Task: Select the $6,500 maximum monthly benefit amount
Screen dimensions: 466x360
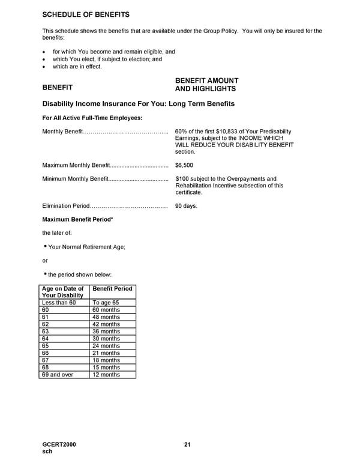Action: click(x=184, y=165)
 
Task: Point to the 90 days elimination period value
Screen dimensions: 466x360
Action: click(x=186, y=206)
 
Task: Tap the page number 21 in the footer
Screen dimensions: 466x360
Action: click(x=187, y=444)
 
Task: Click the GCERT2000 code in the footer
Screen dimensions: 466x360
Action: click(x=59, y=444)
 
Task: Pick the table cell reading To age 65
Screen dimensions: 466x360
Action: click(x=105, y=303)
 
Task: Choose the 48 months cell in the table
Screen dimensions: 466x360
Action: click(x=106, y=317)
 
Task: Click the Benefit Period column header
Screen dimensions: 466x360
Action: click(x=112, y=289)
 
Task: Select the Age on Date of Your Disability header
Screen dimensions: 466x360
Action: click(x=63, y=292)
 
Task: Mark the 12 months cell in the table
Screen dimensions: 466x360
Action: click(x=106, y=375)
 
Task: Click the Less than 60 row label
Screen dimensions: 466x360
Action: click(x=59, y=303)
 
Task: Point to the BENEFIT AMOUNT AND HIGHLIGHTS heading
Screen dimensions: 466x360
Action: click(x=206, y=85)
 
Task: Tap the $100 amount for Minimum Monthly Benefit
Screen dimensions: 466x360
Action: click(x=182, y=178)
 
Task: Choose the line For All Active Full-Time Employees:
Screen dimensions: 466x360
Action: click(x=92, y=118)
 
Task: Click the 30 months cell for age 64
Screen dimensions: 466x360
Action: click(x=106, y=339)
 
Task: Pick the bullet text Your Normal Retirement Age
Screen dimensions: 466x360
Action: click(x=86, y=247)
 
